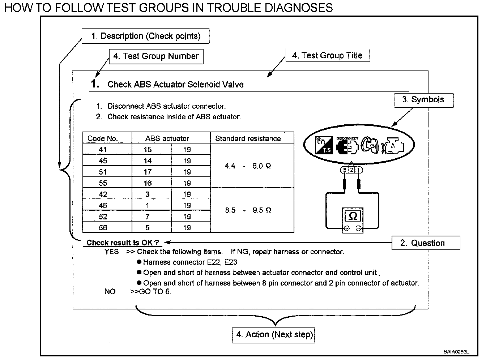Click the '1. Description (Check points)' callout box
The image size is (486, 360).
pyautogui.click(x=145, y=36)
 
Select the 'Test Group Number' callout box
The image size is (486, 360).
pyautogui.click(x=156, y=56)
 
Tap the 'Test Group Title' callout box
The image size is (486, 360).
pyautogui.click(x=327, y=56)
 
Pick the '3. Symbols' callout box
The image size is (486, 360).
pyautogui.click(x=423, y=100)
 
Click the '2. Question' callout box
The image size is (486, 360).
pyautogui.click(x=426, y=243)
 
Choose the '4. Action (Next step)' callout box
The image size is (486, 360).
pyautogui.click(x=274, y=334)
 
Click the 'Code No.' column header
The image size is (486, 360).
pyautogui.click(x=103, y=138)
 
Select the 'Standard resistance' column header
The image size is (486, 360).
pyautogui.click(x=248, y=138)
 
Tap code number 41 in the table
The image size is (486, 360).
pyautogui.click(x=103, y=150)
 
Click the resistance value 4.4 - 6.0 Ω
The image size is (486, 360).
pyautogui.click(x=248, y=166)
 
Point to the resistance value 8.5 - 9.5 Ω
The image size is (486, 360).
pyautogui.click(x=248, y=210)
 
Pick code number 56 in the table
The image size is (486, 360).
pyautogui.click(x=103, y=228)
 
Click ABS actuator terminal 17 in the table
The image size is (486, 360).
pyautogui.click(x=148, y=172)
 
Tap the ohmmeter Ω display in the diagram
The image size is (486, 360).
pyautogui.click(x=353, y=216)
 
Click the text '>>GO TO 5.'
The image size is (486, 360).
pyautogui.click(x=150, y=292)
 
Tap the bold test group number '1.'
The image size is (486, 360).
pyautogui.click(x=95, y=84)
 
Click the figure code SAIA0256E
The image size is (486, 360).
pyautogui.click(x=457, y=351)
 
